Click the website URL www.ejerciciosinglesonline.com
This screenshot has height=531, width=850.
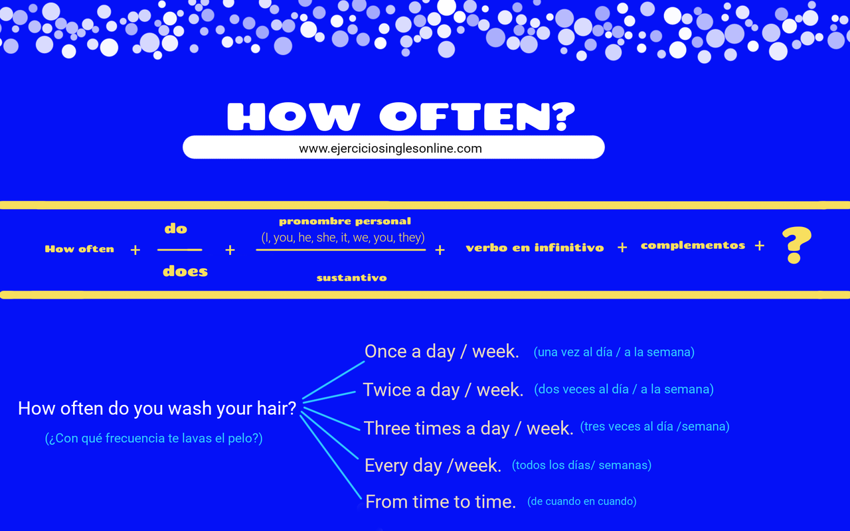coord(390,148)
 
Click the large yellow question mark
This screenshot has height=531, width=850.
coord(796,246)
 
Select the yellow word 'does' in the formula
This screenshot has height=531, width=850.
coord(185,271)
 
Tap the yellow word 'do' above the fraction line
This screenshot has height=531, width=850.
coord(176,229)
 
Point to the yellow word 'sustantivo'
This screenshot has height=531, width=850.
coord(351,277)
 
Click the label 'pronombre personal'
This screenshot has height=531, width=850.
coord(345,221)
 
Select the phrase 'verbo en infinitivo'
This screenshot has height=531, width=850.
coord(535,248)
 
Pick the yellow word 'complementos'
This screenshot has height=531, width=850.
coord(693,246)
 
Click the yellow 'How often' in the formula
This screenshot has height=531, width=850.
coord(80,249)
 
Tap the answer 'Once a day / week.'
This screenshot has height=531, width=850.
coord(442,351)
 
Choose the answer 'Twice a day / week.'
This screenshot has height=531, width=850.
coord(443,390)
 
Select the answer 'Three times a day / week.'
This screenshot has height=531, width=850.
coord(468,428)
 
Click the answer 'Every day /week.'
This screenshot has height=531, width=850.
coord(433,465)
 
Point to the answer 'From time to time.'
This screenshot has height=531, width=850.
coord(440,502)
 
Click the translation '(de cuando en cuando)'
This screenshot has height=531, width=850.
coord(582,501)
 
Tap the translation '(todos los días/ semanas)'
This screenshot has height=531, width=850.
coord(582,465)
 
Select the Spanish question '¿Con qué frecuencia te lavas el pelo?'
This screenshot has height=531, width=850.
coord(154,439)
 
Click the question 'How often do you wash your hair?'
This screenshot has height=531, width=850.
coord(157,408)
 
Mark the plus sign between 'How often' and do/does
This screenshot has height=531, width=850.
coord(135,250)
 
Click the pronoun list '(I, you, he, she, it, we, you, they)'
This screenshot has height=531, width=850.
coord(343,237)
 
